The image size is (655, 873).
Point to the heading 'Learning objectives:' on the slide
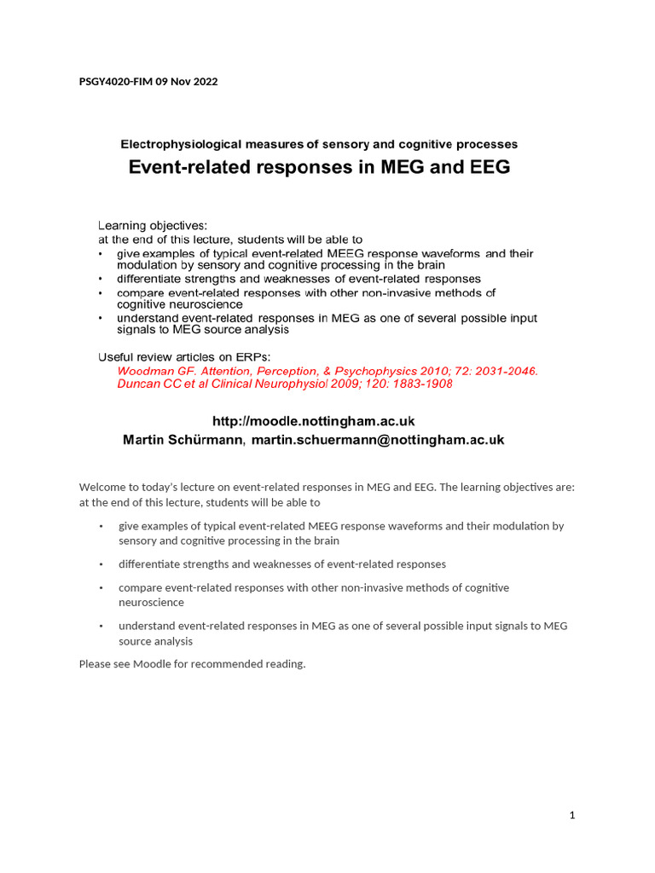tap(153, 226)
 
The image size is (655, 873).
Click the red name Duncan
tap(137, 384)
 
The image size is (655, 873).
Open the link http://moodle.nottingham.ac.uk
tap(312, 421)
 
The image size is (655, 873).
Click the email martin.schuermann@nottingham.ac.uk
tap(378, 440)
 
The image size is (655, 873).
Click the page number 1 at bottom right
tap(572, 816)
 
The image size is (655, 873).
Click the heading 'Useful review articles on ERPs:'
tap(183, 356)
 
